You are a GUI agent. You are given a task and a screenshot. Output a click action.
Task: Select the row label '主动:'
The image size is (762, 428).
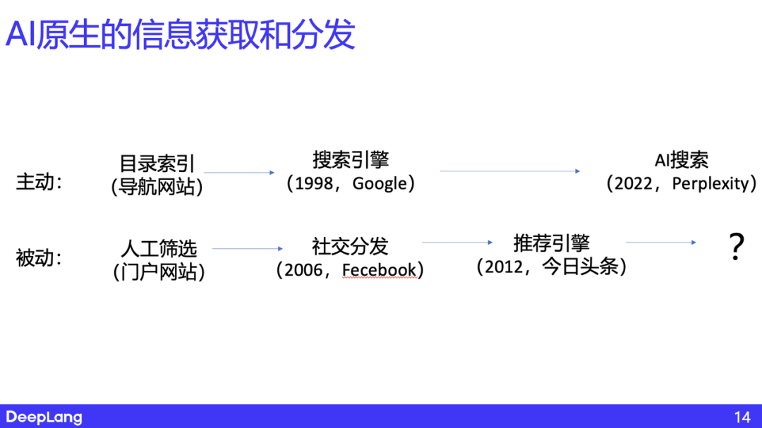pyautogui.click(x=40, y=182)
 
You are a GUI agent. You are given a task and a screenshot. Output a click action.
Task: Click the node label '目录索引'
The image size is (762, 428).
pyautogui.click(x=157, y=164)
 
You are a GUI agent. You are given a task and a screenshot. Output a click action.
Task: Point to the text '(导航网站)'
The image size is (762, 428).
pyautogui.click(x=157, y=187)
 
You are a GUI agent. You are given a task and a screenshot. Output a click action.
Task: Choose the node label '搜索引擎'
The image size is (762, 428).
pyautogui.click(x=351, y=159)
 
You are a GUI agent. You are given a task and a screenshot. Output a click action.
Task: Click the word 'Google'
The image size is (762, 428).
pyautogui.click(x=380, y=183)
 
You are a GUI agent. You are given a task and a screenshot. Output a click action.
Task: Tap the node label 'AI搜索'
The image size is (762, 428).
pyautogui.click(x=681, y=160)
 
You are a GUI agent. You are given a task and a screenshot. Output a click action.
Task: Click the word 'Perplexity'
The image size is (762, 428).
pyautogui.click(x=710, y=183)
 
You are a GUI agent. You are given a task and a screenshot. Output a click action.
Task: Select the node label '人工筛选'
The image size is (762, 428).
pyautogui.click(x=159, y=248)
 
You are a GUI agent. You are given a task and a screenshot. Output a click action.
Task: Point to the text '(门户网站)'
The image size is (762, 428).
pyautogui.click(x=159, y=271)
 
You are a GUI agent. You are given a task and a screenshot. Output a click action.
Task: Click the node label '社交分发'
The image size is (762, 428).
pyautogui.click(x=350, y=247)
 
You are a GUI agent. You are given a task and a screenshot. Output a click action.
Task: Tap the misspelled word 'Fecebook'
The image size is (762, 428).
pyautogui.click(x=380, y=270)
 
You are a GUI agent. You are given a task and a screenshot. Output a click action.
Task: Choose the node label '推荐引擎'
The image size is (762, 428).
pyautogui.click(x=551, y=244)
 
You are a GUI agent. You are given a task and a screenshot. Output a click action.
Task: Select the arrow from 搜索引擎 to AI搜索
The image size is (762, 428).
pyautogui.click(x=509, y=171)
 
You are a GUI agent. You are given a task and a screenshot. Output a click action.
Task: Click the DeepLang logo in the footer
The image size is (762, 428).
pyautogui.click(x=44, y=417)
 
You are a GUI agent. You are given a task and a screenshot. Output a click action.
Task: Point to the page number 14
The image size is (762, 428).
pyautogui.click(x=742, y=417)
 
